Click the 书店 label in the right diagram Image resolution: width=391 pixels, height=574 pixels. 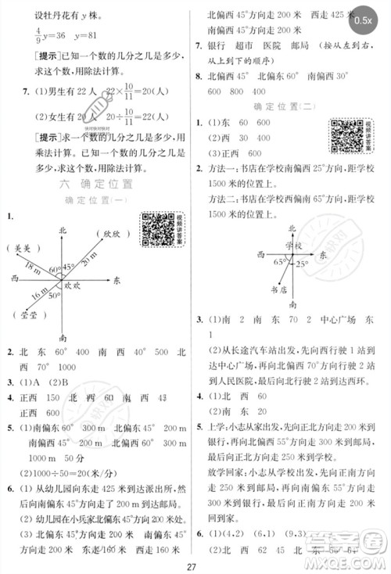tap(275, 289)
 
